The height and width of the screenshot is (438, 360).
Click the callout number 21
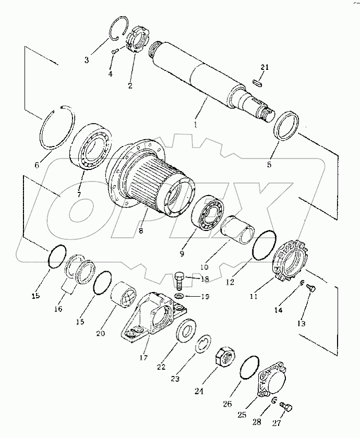pyautogui.click(x=265, y=67)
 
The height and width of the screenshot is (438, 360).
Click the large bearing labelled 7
pyautogui.click(x=91, y=146)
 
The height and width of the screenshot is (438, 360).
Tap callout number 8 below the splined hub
pyautogui.click(x=140, y=230)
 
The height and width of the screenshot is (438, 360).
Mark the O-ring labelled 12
pyautogui.click(x=265, y=245)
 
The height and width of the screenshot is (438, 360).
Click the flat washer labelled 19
pyautogui.click(x=179, y=296)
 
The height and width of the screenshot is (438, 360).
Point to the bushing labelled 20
pyautogui.click(x=124, y=295)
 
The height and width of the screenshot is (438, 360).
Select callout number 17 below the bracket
pyautogui.click(x=143, y=358)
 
